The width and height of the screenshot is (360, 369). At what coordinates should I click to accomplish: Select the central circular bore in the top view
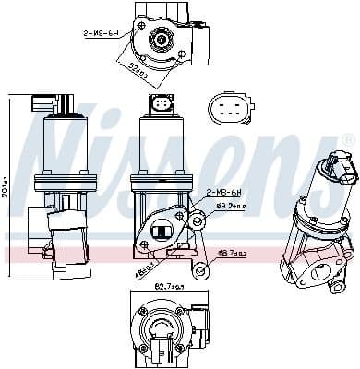point(161,41)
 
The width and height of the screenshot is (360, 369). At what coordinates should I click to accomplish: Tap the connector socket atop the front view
point(163,103)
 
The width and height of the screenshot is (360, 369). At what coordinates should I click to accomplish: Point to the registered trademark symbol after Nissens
point(348,140)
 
